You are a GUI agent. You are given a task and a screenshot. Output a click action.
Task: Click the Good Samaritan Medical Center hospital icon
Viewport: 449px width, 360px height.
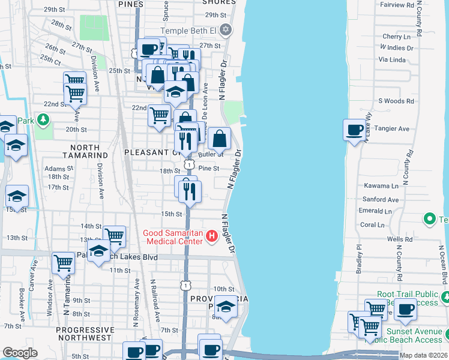[x=211, y=237]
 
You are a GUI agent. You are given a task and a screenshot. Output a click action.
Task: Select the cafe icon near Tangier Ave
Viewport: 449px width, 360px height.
[x=354, y=130]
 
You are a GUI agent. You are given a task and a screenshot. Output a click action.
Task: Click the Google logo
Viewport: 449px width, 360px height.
[x=20, y=353]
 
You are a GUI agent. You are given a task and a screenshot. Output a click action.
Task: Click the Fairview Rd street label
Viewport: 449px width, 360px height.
[x=397, y=5]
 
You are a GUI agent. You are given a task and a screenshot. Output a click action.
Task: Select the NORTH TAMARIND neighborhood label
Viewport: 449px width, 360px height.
[x=80, y=147]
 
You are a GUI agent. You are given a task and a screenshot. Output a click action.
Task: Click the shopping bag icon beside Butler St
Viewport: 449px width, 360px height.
[x=220, y=139]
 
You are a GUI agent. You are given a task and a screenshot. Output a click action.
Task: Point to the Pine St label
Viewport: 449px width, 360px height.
[x=209, y=169]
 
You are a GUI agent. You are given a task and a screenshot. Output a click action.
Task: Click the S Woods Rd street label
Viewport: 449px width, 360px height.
[x=396, y=101]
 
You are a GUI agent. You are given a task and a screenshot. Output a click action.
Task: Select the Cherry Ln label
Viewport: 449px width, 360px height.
[x=396, y=37]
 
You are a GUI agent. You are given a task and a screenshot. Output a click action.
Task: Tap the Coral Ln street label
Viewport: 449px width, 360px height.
[x=373, y=225]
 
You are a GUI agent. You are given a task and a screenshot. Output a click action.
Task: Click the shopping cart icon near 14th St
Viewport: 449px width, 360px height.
[x=113, y=236]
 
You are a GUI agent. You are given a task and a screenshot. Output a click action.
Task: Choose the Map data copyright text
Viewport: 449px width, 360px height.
[x=424, y=356]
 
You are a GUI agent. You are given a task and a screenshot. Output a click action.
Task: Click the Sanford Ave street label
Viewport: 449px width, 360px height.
[x=381, y=199]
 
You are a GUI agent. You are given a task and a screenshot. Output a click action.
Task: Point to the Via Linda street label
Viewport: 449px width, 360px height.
[x=392, y=59]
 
